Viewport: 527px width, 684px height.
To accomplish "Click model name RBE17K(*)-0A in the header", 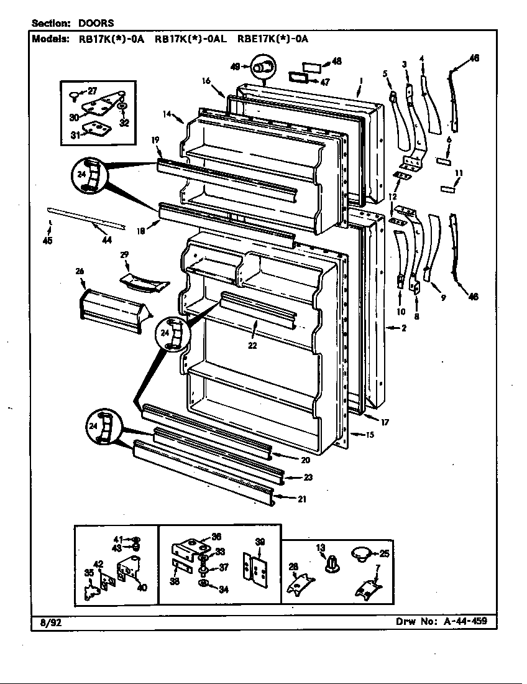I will (273, 39).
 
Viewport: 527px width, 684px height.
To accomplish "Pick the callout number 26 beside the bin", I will (79, 271).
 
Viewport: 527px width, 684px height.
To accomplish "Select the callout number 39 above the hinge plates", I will (260, 542).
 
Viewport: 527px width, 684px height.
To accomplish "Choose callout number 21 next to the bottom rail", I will (301, 498).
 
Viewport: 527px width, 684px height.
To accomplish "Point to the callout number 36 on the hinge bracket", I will (216, 537).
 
